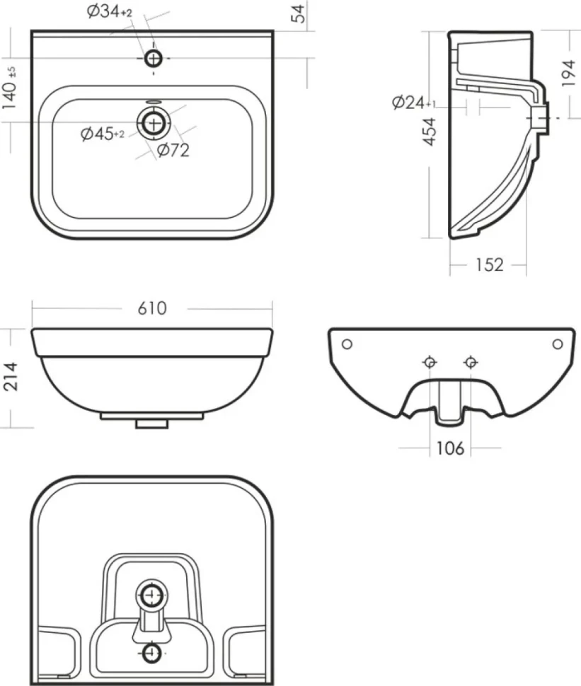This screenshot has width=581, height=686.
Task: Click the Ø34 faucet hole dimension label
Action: tap(110, 12)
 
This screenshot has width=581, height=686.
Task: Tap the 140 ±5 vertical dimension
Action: tap(10, 88)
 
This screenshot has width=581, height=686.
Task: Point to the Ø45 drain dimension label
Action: tap(103, 134)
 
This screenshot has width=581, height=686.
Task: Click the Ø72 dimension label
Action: tap(173, 150)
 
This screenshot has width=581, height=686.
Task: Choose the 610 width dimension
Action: tap(152, 308)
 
